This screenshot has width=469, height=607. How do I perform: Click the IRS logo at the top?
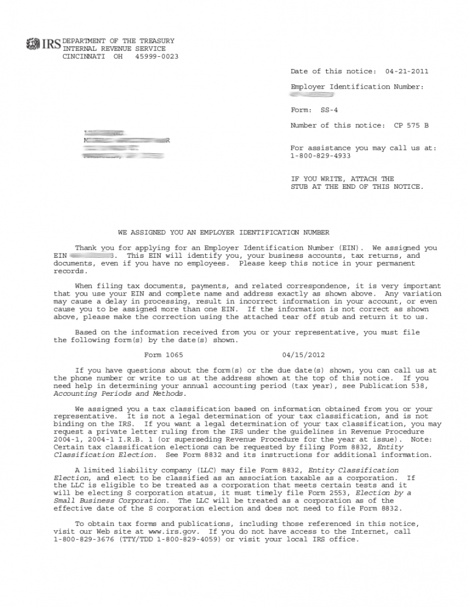[x=43, y=44]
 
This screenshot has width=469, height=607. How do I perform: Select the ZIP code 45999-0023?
[x=157, y=57]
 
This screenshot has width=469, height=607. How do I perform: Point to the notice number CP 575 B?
[x=411, y=126]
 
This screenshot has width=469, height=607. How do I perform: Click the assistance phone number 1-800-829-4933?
[x=321, y=156]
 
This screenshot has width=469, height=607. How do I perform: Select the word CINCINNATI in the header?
[x=84, y=57]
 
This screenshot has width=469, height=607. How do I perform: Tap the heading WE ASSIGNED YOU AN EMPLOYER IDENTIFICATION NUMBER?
[x=224, y=233]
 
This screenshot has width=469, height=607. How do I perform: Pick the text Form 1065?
[x=163, y=355]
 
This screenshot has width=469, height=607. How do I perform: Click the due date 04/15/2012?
[x=304, y=355]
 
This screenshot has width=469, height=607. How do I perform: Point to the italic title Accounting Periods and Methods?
[x=111, y=394]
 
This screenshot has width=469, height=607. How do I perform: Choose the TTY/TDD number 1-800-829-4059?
[x=191, y=540]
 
